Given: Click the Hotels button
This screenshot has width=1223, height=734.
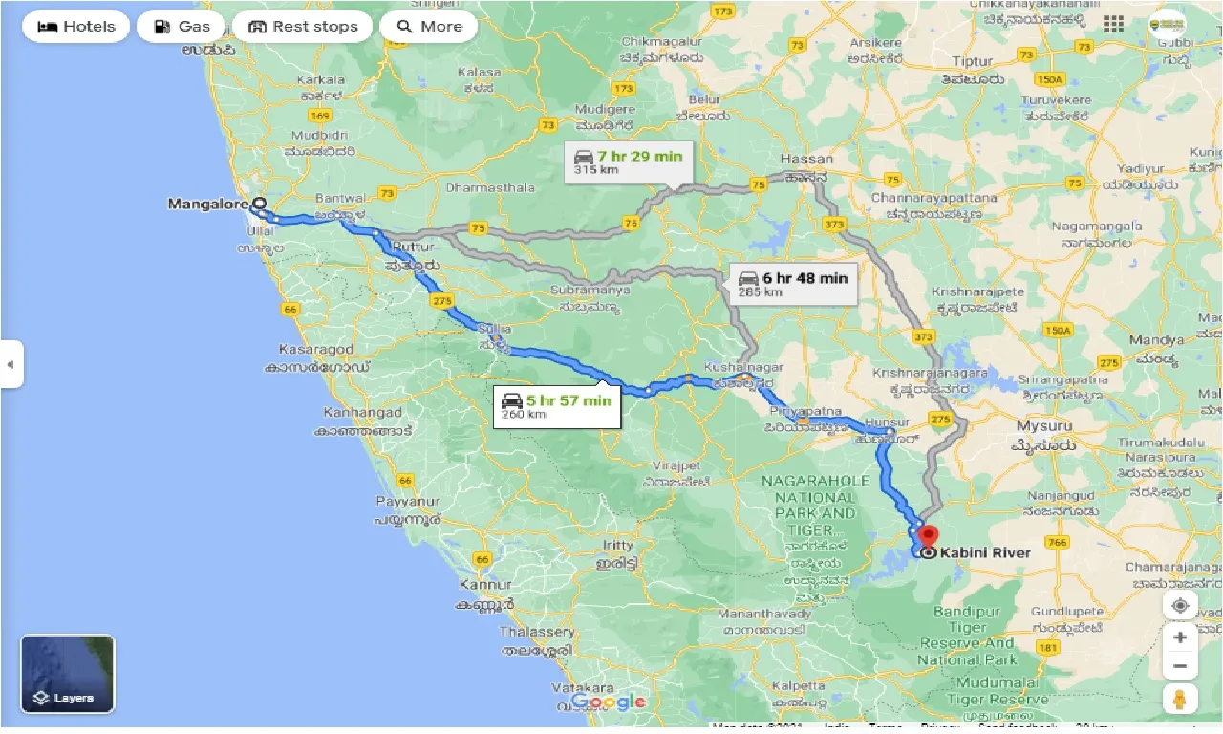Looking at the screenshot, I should [75, 27].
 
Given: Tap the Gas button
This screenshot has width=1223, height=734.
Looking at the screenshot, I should [181, 27].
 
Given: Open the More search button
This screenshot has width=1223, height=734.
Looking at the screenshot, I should [429, 27].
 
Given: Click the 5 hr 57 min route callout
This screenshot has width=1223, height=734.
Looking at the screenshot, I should [556, 406].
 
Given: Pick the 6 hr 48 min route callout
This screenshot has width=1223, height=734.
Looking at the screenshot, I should [794, 284].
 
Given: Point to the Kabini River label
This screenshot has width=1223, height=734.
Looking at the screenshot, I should [985, 552].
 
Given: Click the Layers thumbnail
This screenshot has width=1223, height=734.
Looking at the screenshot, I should [68, 674].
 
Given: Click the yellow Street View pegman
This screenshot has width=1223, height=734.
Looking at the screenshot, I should [1180, 699].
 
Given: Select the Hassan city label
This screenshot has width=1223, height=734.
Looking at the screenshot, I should [806, 159].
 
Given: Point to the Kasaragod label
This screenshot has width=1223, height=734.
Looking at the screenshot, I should [315, 350].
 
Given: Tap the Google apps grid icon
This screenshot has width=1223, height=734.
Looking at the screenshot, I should [1113, 24].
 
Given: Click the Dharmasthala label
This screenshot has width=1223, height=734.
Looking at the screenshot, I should [490, 187].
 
